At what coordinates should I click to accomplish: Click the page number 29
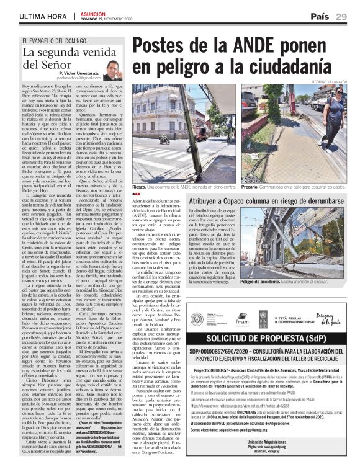click(x=341, y=16)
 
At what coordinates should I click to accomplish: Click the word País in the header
click(x=319, y=16)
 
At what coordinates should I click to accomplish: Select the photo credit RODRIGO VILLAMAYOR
click(x=330, y=81)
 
